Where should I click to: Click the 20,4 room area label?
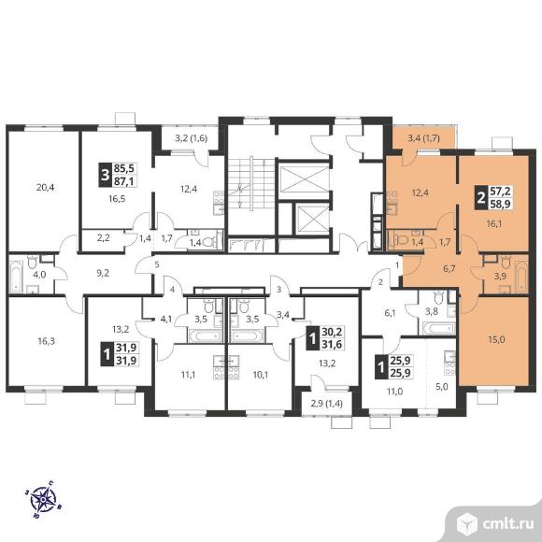pos(45,188)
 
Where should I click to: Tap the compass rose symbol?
pos(43,499)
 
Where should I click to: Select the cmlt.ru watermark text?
pos(507,524)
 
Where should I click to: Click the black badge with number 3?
pos(105,175)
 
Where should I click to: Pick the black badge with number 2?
pos(480,198)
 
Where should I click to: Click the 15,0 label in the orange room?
pos(496,340)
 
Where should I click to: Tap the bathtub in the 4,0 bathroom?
pos(16,276)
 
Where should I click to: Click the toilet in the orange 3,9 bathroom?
pos(505,262)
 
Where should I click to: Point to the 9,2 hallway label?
pos(103,274)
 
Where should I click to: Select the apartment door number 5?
pos(157,264)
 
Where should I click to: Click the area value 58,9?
pos(500,204)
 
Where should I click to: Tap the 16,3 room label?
pos(47,341)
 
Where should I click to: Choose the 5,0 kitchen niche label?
pos(441,387)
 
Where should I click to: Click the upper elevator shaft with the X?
pos(304,179)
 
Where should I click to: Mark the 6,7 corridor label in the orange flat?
pos(449,269)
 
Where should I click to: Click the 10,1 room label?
pos(261,375)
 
